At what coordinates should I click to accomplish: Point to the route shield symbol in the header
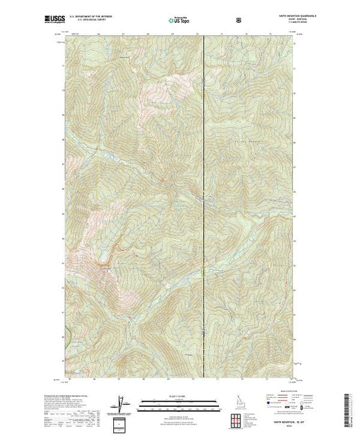239,21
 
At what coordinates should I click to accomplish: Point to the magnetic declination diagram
122,403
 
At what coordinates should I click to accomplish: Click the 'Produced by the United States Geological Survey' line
59,395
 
